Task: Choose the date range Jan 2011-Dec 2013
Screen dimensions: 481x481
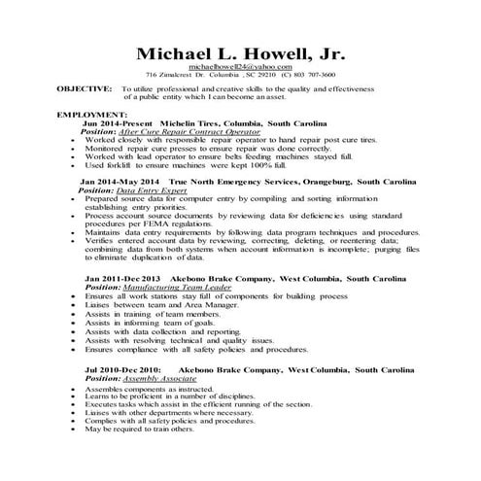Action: [x=123, y=278]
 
